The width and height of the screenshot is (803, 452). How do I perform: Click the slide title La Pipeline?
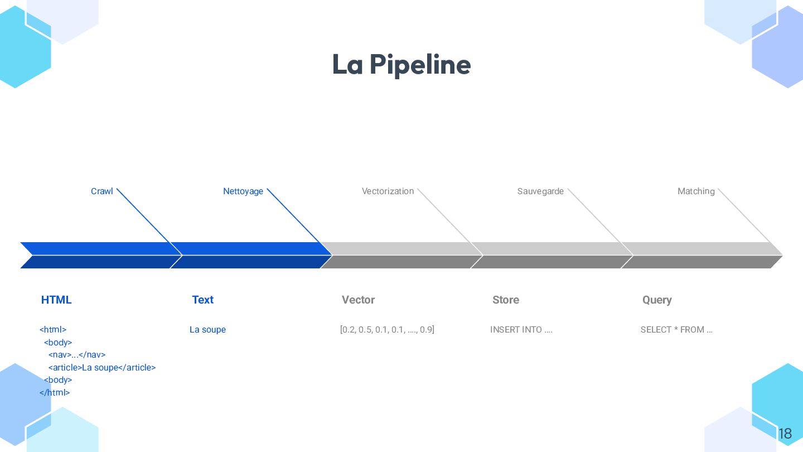[x=401, y=65]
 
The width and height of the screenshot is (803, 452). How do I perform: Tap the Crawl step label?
[x=102, y=191]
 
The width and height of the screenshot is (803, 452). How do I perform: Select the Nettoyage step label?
[x=243, y=191]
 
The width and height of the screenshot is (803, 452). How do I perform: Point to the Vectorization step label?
[x=388, y=191]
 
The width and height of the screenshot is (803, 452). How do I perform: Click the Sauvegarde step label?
[x=540, y=191]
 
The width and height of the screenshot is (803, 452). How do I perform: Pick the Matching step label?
[x=696, y=191]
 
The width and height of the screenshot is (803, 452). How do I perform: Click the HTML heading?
[x=56, y=300]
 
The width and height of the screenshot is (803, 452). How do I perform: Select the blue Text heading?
[x=202, y=300]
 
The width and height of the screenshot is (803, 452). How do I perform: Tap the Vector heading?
[x=358, y=300]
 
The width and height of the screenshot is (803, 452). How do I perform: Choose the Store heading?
[x=506, y=300]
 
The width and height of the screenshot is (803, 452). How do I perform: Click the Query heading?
[x=657, y=300]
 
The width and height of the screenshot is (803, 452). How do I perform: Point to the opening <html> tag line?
[x=53, y=330]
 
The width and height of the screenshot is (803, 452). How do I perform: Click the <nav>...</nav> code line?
[x=77, y=355]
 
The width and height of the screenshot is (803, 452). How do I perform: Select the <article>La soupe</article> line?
[x=102, y=368]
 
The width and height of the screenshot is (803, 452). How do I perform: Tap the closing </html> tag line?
[x=55, y=393]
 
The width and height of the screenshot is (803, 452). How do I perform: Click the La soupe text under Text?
[x=207, y=330]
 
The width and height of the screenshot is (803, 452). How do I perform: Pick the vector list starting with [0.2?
[x=387, y=330]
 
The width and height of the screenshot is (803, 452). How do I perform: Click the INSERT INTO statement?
[x=521, y=330]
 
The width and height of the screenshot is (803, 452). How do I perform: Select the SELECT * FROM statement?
[x=676, y=330]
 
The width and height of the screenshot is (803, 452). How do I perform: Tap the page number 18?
[x=785, y=434]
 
